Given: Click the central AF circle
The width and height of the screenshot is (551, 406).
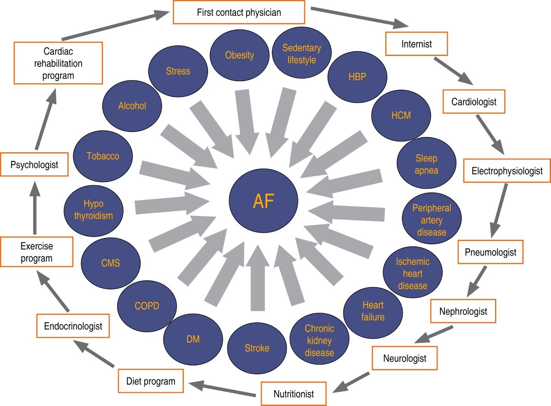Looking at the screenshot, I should pos(263,201).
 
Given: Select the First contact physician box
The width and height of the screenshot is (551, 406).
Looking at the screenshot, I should pos(239,12).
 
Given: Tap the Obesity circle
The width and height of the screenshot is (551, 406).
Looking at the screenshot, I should pos(239,55).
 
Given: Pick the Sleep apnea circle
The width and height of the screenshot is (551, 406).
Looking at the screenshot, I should pos(426,164).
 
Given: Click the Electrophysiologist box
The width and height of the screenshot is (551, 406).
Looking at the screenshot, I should pos(507,171).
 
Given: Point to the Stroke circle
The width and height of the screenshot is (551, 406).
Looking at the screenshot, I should pos(257,348).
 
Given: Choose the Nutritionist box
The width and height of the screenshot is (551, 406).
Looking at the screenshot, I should pos(293,394).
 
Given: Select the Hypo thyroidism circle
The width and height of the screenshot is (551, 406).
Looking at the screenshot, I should pos(93,210).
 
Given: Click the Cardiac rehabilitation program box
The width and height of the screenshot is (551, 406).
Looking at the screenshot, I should pos(58,63).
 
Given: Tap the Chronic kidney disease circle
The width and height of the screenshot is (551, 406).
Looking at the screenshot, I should pos(319,340).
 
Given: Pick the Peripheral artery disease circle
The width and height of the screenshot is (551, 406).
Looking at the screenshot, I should pos(432,220).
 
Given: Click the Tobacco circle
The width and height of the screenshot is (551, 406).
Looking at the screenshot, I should pos(103,156).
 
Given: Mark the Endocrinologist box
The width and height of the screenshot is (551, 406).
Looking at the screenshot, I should pos(73,326).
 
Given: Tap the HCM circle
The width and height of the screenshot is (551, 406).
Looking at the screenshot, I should pos(401,115).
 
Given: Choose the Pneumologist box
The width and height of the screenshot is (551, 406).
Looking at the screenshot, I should pos(490,252).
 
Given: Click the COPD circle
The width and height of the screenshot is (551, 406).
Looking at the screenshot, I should pos(147,306).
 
